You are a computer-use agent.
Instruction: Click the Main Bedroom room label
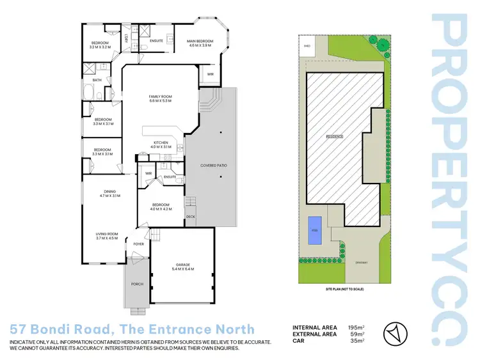tap(200, 43)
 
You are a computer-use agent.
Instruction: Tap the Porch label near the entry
tap(137, 283)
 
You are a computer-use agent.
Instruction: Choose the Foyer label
tap(138, 244)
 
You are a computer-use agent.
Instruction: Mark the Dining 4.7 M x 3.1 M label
tap(110, 193)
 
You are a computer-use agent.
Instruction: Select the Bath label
tap(97, 80)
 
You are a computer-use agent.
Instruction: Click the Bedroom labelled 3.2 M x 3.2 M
tap(100, 45)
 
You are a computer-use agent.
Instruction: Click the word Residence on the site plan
tap(335, 136)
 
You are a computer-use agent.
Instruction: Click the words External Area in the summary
tap(315, 334)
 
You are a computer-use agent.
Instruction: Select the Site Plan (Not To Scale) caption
tap(344, 290)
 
